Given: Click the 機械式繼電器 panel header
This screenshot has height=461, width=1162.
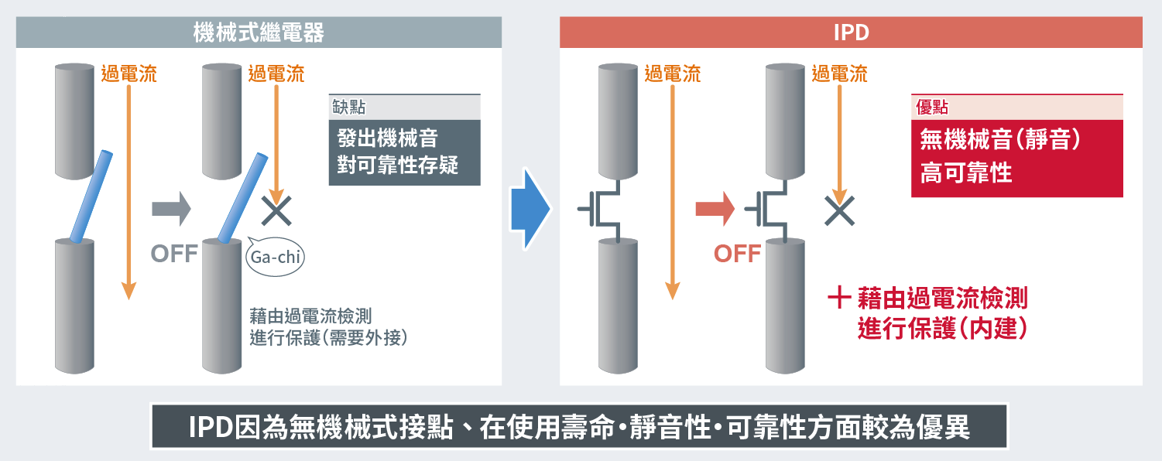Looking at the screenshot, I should click(x=259, y=33).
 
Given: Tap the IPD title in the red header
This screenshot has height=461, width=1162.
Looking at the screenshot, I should click(x=851, y=33).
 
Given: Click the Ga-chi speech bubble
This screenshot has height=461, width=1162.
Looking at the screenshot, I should click(x=276, y=257).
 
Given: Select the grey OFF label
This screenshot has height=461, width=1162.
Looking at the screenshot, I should click(x=174, y=254).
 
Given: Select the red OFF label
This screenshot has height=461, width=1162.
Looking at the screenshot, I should click(x=737, y=254).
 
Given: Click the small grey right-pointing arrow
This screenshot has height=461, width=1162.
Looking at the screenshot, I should click(x=171, y=210).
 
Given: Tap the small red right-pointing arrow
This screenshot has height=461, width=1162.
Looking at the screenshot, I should click(x=715, y=210).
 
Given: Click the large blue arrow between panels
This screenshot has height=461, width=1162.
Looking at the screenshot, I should click(x=530, y=208).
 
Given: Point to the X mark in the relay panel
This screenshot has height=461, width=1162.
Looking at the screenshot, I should click(x=276, y=210).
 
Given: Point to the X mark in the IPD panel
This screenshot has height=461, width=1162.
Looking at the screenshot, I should click(x=839, y=210).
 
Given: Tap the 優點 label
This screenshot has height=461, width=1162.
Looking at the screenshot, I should click(x=931, y=107).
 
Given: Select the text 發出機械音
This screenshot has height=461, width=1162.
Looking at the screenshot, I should click(x=387, y=139).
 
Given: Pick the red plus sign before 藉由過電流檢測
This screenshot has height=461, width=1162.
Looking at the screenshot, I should click(x=840, y=298).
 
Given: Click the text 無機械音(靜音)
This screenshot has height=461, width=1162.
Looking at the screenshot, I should click(x=999, y=140).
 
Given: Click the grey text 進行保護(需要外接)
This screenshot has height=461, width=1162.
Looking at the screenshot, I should click(x=328, y=338).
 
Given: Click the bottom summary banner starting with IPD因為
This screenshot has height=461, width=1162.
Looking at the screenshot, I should click(x=579, y=427).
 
